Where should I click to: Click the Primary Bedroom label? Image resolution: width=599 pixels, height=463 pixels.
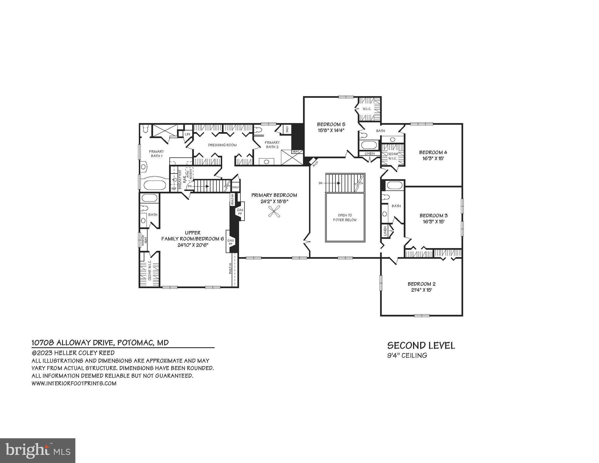point(274,195)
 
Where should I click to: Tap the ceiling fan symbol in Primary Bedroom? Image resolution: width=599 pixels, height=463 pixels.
point(274,211)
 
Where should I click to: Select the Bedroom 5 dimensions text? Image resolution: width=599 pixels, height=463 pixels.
point(331,130)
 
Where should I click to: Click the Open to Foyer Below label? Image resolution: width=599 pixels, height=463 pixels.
point(345,217)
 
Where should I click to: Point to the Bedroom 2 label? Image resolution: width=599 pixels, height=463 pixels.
point(421,284)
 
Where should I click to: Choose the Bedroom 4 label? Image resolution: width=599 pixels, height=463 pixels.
point(431,152)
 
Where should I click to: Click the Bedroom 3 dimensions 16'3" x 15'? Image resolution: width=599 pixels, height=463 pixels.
point(433,222)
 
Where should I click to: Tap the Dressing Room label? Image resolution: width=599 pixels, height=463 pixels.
point(222,145)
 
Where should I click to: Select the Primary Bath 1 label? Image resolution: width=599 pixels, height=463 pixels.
point(156,154)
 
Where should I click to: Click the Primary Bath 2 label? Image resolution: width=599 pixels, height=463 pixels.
point(272,145)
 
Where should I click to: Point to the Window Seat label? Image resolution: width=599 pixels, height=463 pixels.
point(144,241)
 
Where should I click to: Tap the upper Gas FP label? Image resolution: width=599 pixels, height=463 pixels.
point(240,212)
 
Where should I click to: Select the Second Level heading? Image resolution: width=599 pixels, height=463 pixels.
point(421,345)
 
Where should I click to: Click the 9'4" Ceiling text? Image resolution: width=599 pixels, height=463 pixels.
point(407,355)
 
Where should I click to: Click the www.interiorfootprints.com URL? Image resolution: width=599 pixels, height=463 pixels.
point(74,383)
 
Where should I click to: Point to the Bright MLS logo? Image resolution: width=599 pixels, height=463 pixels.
point(38,450)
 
